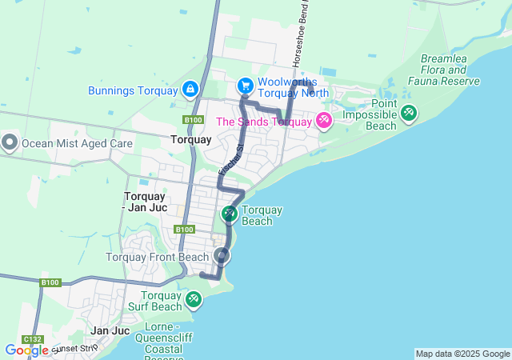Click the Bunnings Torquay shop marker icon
pyautogui.click(x=190, y=89)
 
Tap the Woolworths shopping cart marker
pyautogui.click(x=246, y=86)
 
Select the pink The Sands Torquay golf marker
pyautogui.click(x=323, y=121)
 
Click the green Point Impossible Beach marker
pyautogui.click(x=409, y=113)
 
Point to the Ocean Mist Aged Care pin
pyautogui.click(x=10, y=143)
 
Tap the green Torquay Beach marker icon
pyautogui.click(x=229, y=214)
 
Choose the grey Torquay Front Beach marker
pyautogui.click(x=222, y=257)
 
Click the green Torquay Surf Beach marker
pyautogui.click(x=193, y=299)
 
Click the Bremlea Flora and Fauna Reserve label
pyautogui.click(x=444, y=70)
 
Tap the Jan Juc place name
pyautogui.click(x=110, y=330)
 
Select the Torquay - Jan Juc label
pyautogui.click(x=145, y=202)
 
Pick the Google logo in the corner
pyautogui.click(x=26, y=350)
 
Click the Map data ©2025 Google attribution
pyautogui.click(x=462, y=354)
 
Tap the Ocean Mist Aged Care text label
pyautogui.click(x=77, y=144)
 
